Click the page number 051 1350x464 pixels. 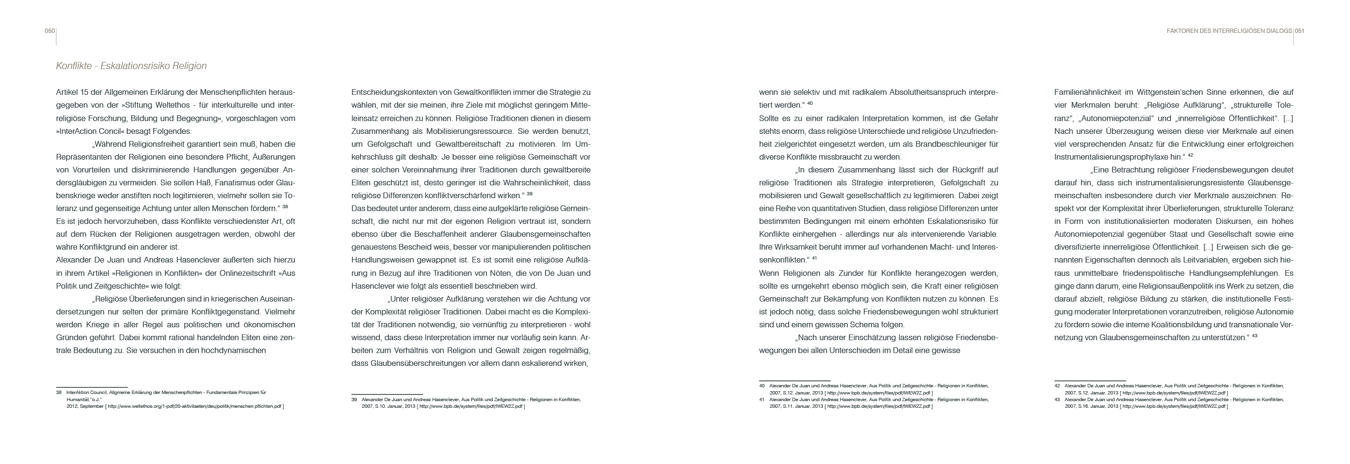(1300, 31)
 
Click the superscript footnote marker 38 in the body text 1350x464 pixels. (285, 207)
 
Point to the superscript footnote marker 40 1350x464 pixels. (810, 103)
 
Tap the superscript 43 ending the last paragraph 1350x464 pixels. (1255, 335)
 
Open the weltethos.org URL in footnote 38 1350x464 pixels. (194, 406)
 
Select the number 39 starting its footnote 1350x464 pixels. (354, 400)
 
